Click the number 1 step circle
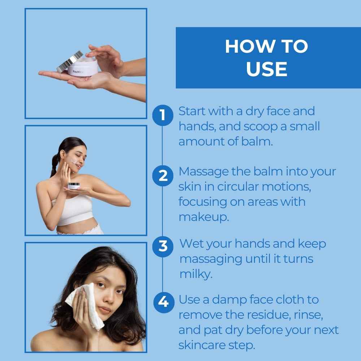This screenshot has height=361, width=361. click(163, 116)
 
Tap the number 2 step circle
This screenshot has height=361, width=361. click(163, 176)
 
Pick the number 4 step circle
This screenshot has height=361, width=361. click(164, 302)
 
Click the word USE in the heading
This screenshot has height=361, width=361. click(267, 69)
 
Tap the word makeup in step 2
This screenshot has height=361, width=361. click(204, 217)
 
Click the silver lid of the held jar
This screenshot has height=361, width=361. click(70, 62)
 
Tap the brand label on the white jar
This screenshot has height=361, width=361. click(77, 71)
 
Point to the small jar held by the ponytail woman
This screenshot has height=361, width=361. click(74, 185)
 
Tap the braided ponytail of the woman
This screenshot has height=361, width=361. click(55, 165)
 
